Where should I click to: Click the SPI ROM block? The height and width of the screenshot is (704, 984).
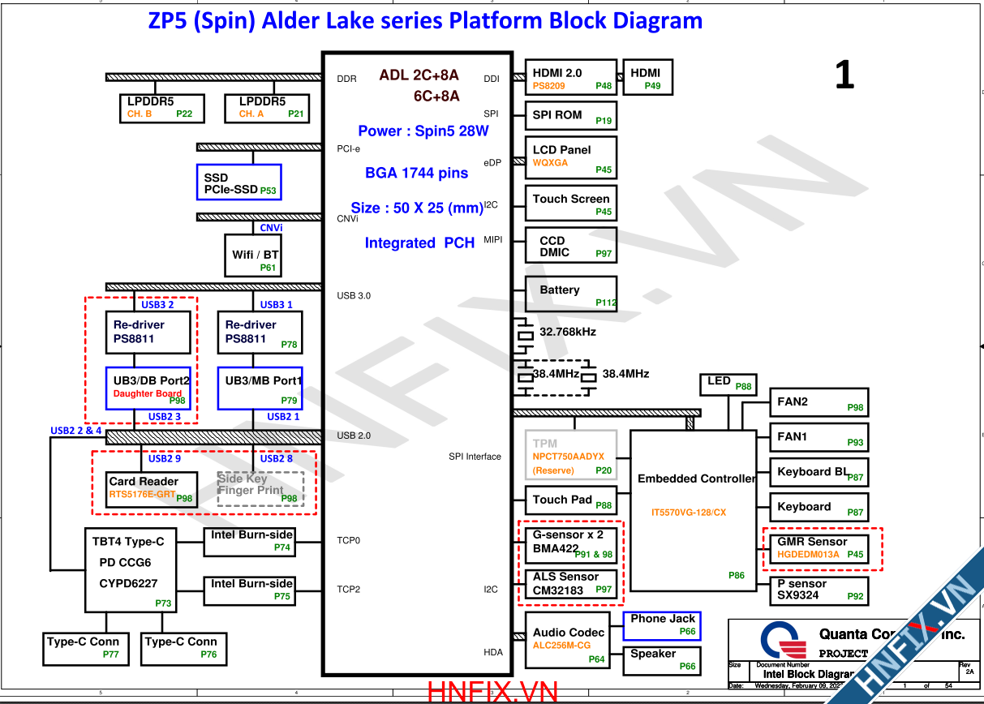(570, 115)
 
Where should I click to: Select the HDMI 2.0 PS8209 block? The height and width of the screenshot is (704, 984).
(570, 78)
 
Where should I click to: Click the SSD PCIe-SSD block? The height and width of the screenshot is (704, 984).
(238, 182)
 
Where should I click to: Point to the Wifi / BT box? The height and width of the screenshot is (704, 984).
(254, 255)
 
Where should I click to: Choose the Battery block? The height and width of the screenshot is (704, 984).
(570, 294)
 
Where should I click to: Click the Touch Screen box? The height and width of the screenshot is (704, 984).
(570, 204)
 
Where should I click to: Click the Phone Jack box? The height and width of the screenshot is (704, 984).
(662, 625)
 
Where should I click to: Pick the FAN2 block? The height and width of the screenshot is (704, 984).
(818, 403)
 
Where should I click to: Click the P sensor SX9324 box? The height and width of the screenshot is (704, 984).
(818, 590)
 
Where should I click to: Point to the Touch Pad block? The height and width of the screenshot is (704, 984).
(570, 501)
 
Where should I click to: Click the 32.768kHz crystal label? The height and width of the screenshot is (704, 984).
(568, 332)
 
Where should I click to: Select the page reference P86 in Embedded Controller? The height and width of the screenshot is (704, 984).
(736, 576)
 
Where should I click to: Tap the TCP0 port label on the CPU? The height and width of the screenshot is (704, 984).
(349, 540)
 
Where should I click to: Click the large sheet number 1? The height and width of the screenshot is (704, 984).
(844, 76)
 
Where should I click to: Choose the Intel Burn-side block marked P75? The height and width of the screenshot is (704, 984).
(250, 590)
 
